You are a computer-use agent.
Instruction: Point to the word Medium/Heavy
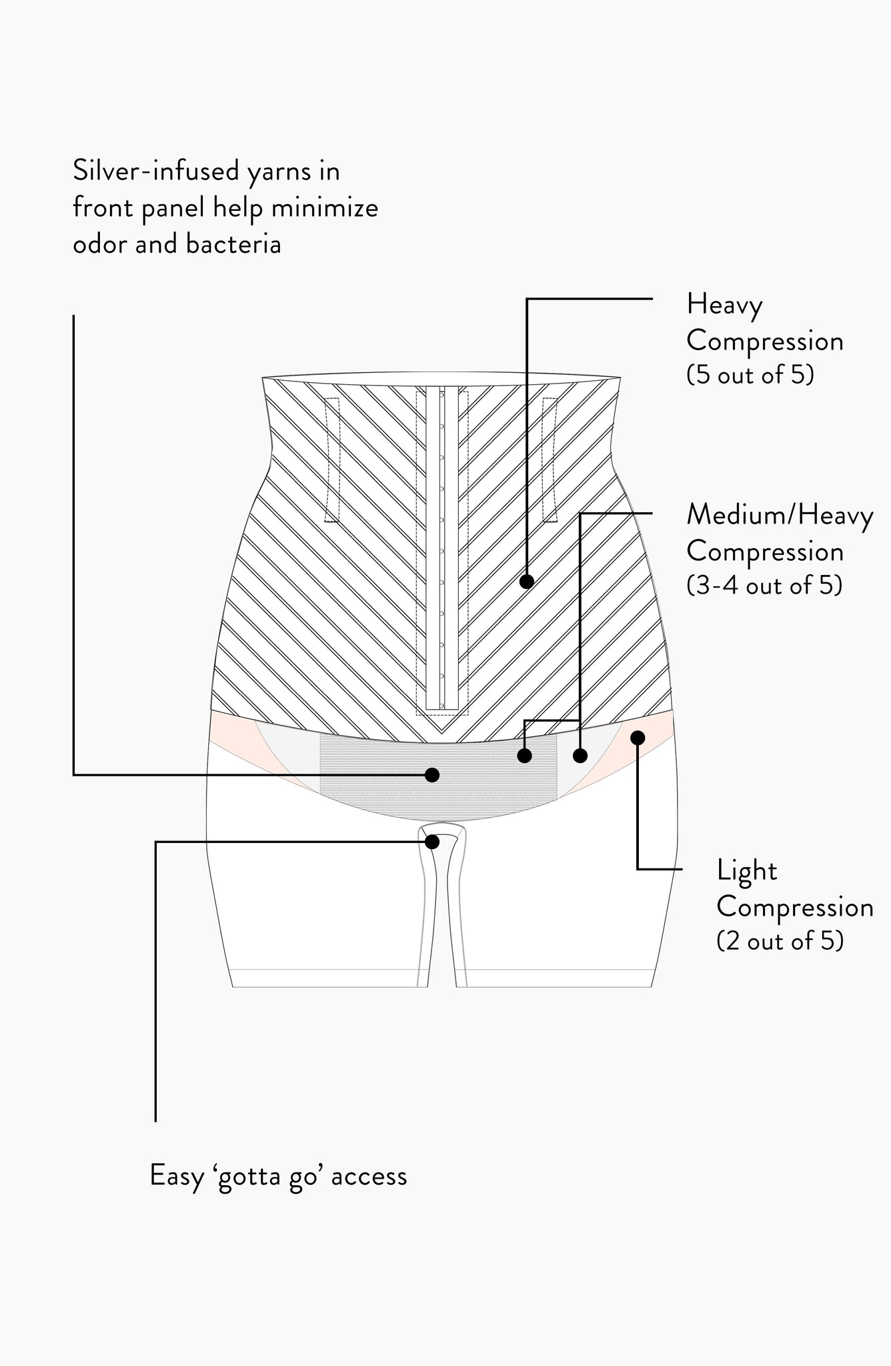[780, 516]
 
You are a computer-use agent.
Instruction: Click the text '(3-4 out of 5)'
[764, 585]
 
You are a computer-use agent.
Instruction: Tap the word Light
[747, 871]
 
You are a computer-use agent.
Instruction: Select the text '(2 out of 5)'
[780, 940]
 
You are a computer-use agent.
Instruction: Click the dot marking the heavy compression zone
[527, 582]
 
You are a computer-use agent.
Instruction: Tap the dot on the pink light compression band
[638, 737]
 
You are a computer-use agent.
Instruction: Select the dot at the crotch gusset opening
[432, 842]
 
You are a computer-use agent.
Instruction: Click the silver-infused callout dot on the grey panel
[432, 774]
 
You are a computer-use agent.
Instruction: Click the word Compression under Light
[795, 907]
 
